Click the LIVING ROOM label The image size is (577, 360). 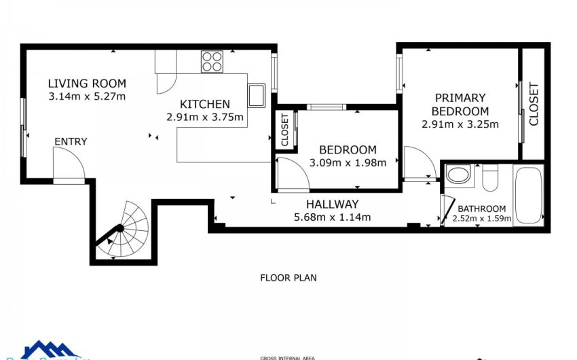pyautogui.click(x=87, y=84)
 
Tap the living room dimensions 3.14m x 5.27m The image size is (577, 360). pyautogui.click(x=87, y=96)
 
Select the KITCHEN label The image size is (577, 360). pyautogui.click(x=204, y=104)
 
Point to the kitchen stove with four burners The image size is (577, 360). pyautogui.click(x=212, y=62)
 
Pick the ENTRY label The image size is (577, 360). pyautogui.click(x=71, y=141)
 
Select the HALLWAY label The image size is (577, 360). pyautogui.click(x=332, y=204)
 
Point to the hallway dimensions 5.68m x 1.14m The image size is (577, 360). pyautogui.click(x=332, y=217)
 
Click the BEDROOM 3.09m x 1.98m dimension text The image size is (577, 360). pyautogui.click(x=348, y=162)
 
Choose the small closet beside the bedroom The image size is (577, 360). pyautogui.click(x=284, y=130)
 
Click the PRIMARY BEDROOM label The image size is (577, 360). pyautogui.click(x=460, y=105)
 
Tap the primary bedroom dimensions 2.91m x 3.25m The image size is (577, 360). pyautogui.click(x=460, y=124)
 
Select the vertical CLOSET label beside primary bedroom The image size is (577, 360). pyautogui.click(x=534, y=104)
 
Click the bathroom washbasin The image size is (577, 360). pyautogui.click(x=458, y=175)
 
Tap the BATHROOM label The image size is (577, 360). pyautogui.click(x=481, y=209)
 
